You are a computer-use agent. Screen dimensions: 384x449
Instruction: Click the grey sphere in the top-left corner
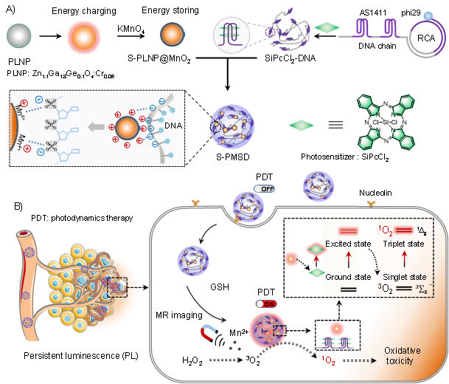point(19,35)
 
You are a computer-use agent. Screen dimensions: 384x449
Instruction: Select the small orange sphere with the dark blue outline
point(173,35)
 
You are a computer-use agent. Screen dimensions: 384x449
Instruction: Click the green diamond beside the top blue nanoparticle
point(301,126)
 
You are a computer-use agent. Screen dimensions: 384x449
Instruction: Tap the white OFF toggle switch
point(264,189)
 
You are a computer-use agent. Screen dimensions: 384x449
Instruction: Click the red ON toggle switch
point(267,304)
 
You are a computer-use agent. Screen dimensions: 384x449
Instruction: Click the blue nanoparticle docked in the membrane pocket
point(248,207)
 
